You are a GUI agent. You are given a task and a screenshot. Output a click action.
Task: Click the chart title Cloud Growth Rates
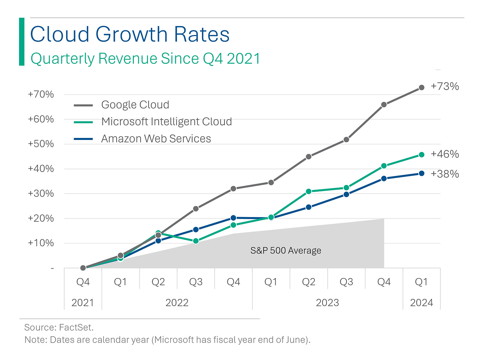pos(130,34)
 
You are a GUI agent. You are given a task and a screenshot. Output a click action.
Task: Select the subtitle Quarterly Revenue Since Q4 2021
pos(145,59)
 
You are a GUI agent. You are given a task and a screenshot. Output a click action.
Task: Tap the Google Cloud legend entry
pos(135,105)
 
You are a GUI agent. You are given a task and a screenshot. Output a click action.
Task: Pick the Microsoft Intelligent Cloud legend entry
pos(166,122)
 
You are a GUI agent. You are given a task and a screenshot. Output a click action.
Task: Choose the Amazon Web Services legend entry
pos(156,139)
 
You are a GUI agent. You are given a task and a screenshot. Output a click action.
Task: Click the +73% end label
pos(445,86)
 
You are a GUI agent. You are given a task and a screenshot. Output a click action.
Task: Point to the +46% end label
pos(445,154)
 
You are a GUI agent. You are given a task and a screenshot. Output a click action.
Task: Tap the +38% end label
pos(445,174)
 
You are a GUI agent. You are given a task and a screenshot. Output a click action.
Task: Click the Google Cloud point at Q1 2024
pos(422,87)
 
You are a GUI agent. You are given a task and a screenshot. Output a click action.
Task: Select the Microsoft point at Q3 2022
pos(196,241)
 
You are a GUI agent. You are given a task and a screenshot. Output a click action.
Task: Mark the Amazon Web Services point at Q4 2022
pos(234,218)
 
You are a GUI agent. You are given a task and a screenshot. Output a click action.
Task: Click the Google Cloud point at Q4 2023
pos(384,105)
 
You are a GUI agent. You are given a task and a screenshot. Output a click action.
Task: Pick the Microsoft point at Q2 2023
pos(309,191)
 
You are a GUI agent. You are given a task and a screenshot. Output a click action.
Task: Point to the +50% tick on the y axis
pos(41,144)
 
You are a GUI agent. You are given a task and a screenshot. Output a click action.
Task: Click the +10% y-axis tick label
pos(41,243)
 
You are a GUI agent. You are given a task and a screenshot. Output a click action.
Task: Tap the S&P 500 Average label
pos(286,250)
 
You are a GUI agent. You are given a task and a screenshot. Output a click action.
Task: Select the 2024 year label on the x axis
pos(422,303)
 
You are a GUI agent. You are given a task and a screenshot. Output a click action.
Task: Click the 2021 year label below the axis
pos(83,303)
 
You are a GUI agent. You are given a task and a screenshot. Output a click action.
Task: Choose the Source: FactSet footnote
pos(59,327)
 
